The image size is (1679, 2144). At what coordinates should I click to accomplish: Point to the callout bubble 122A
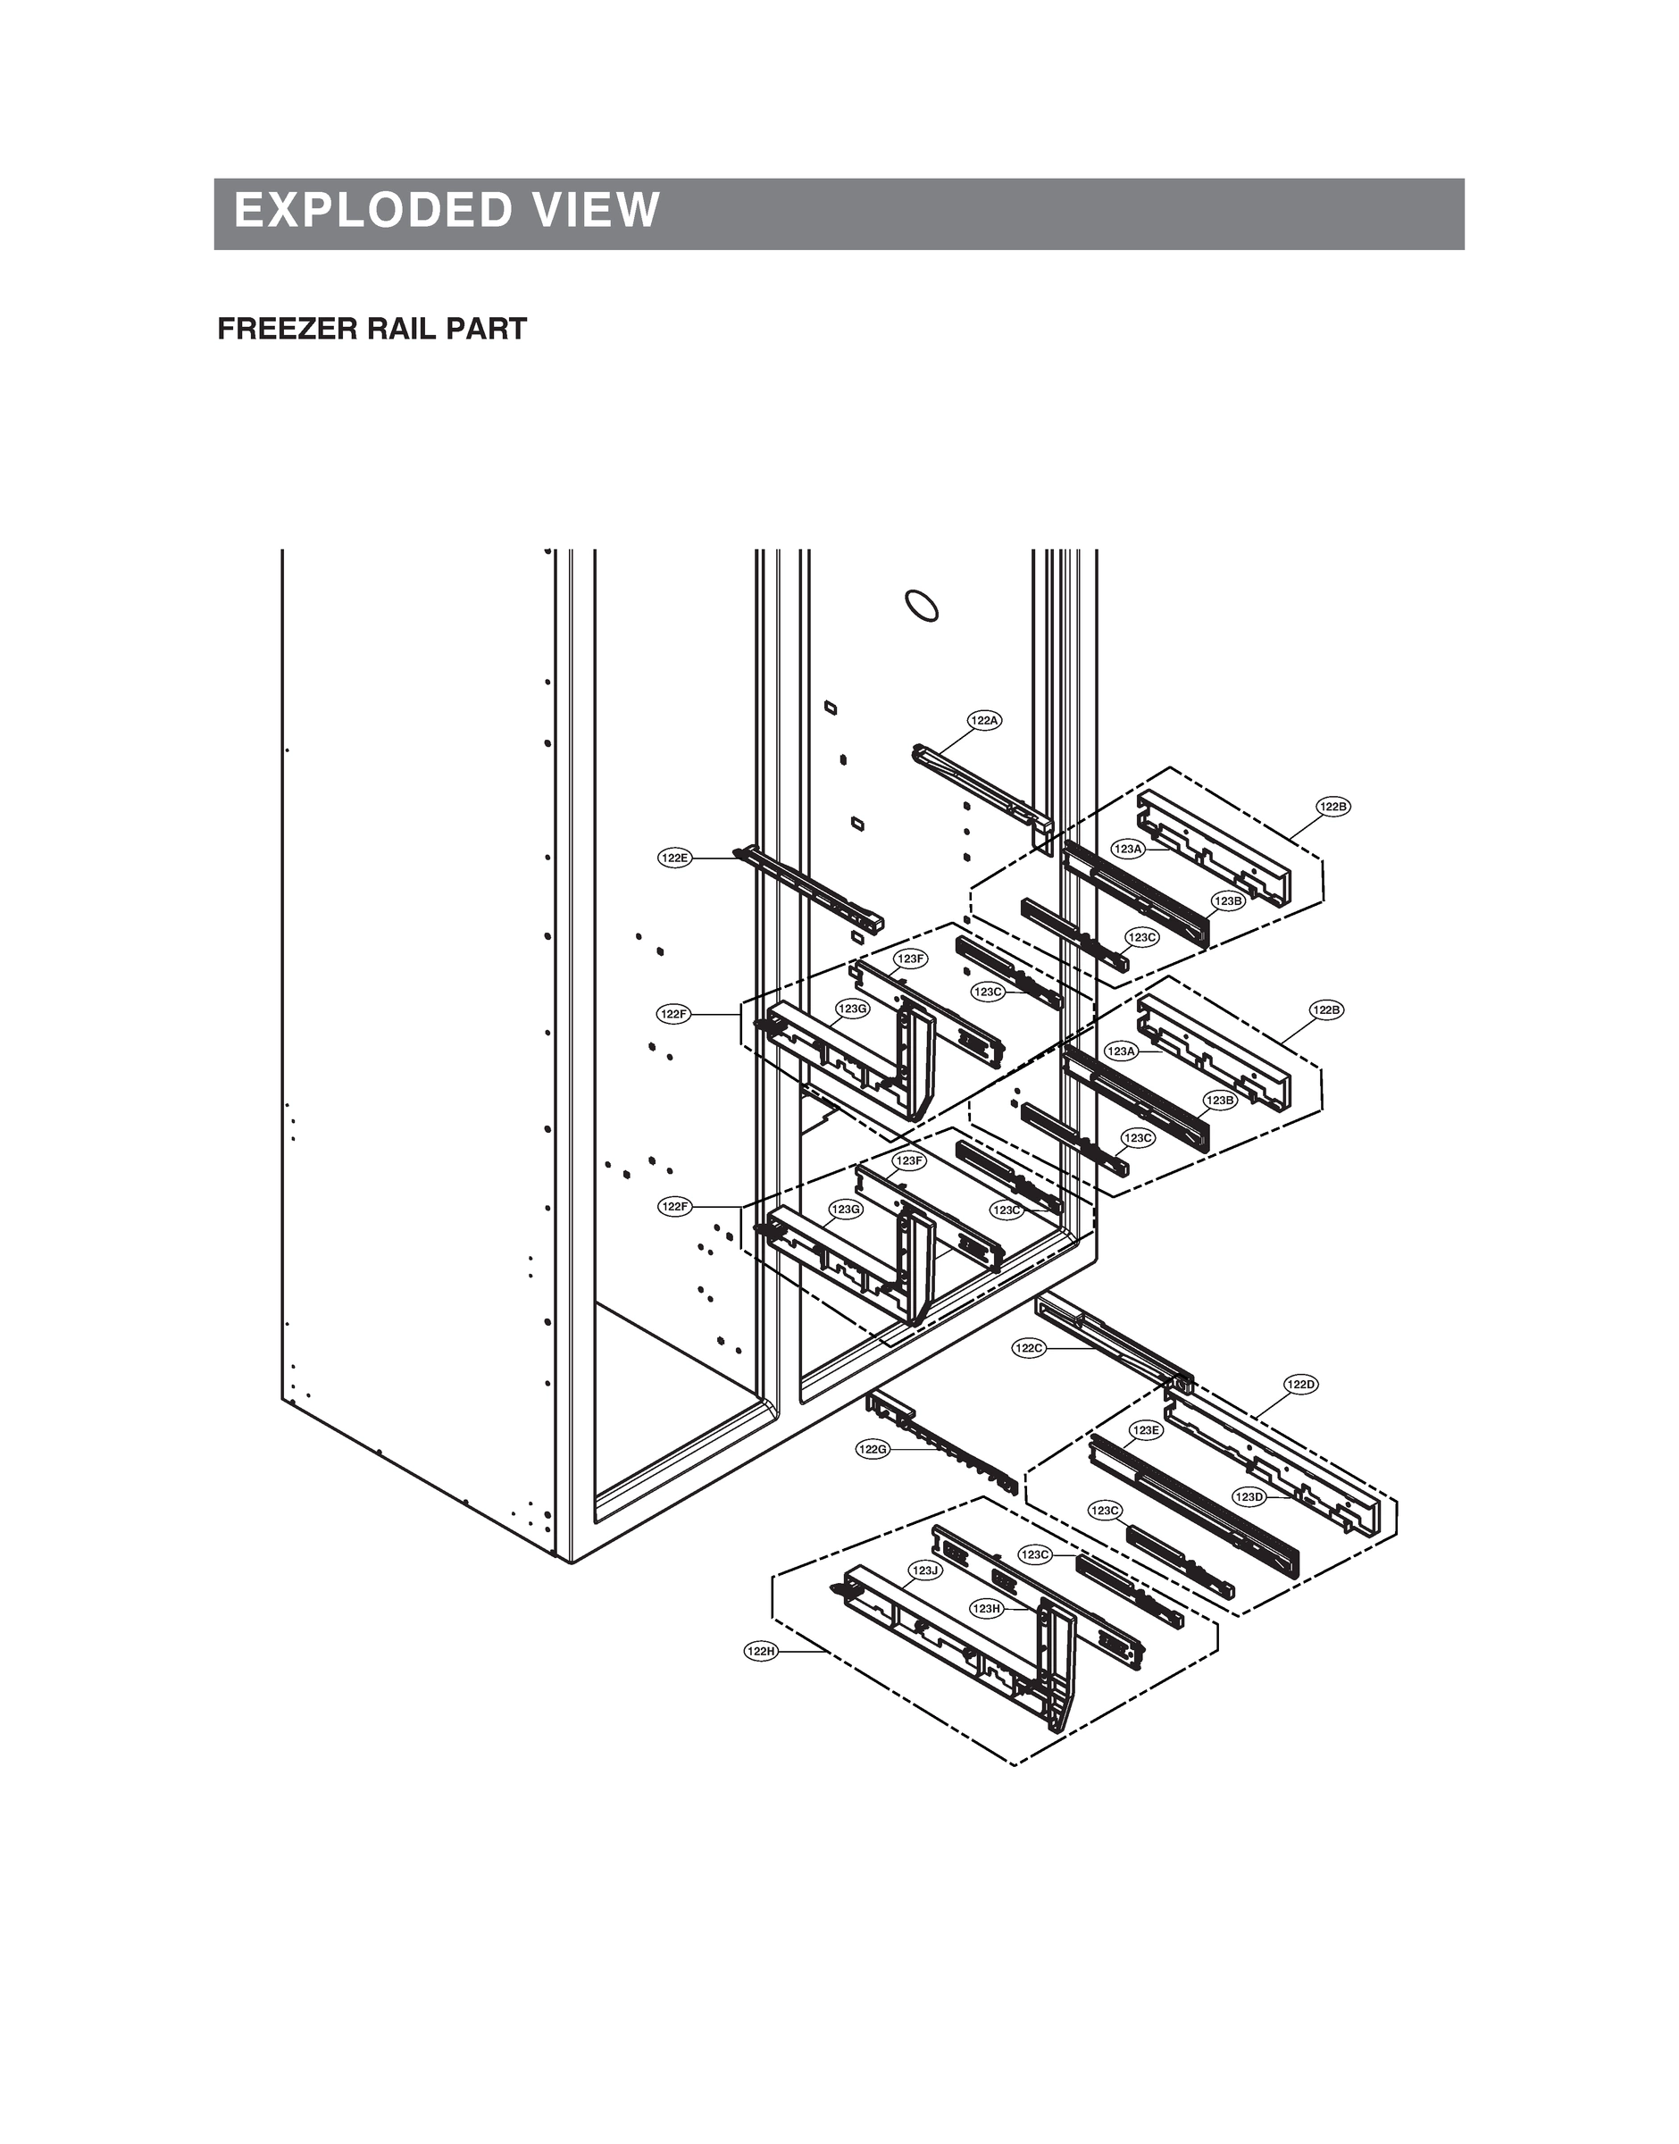pyautogui.click(x=984, y=721)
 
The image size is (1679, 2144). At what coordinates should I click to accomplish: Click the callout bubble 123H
pyautogui.click(x=986, y=1608)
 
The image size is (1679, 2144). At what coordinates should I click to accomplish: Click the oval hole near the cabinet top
pyautogui.click(x=921, y=606)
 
